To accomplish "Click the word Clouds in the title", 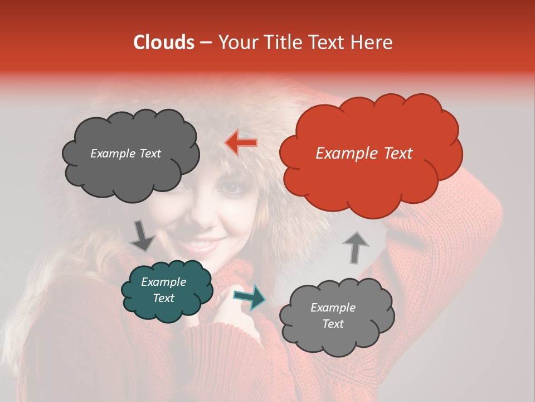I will point(164,42).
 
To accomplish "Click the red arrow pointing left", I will point(241,143).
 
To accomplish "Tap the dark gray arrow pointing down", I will point(143,236).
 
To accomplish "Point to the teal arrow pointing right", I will point(249,297).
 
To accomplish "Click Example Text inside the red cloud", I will point(364,154).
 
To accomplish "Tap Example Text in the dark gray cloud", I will point(125,154).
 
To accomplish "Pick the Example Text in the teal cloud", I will point(163,290).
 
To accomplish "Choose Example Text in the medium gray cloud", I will point(333,315).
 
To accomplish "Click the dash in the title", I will point(205,42).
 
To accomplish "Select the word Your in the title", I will point(236,42).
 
